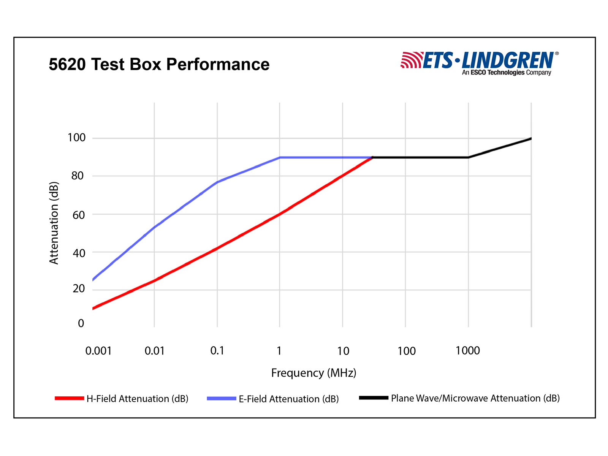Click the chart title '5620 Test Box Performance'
tap(159, 64)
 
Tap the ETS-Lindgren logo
tap(479, 61)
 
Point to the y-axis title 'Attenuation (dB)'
tap(54, 223)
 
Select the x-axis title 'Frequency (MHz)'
tap(313, 373)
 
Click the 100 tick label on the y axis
tap(76, 138)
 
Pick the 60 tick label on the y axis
tap(78, 215)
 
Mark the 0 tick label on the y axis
tap(81, 323)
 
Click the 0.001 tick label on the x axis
tap(98, 351)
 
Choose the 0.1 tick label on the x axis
tap(217, 351)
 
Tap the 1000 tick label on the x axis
tap(467, 351)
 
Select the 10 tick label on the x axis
tap(343, 351)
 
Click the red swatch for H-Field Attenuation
tap(69, 398)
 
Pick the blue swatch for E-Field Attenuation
tap(222, 398)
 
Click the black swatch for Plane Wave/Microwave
tap(374, 398)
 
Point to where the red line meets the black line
tap(373, 157)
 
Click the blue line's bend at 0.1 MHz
tap(217, 182)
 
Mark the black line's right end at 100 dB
tap(531, 139)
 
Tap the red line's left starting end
tap(93, 308)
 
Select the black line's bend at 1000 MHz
tap(468, 157)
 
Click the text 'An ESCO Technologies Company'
tap(506, 73)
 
